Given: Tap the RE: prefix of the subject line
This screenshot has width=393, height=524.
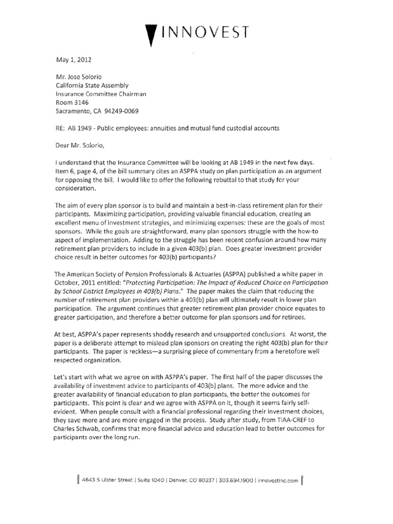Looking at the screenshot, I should point(61,128).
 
